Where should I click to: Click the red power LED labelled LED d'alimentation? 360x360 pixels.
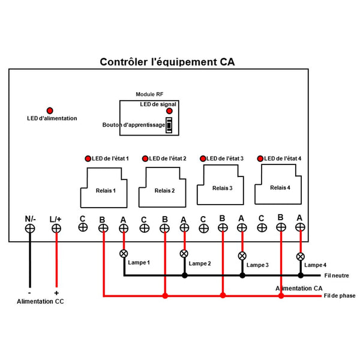(x=50, y=110)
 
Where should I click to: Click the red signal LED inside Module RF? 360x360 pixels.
(x=170, y=111)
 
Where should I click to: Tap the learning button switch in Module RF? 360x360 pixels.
(x=169, y=125)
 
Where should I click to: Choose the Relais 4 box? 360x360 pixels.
(x=280, y=185)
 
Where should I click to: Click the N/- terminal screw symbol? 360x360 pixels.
(x=30, y=228)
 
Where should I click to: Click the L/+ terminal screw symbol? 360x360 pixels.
(x=56, y=228)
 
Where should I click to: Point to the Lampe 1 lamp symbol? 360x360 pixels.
(x=124, y=253)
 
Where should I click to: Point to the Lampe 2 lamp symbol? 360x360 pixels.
(x=184, y=254)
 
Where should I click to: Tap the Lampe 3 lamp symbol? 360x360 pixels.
(x=242, y=256)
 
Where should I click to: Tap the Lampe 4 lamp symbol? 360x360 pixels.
(x=300, y=256)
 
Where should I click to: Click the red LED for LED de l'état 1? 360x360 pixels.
(x=88, y=158)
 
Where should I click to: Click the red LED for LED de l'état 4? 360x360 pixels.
(x=260, y=158)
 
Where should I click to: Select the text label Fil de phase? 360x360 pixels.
(x=339, y=295)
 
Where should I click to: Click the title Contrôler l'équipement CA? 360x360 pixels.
(x=167, y=62)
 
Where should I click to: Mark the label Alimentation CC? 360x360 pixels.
(x=40, y=301)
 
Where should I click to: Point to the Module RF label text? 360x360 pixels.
(x=149, y=95)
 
